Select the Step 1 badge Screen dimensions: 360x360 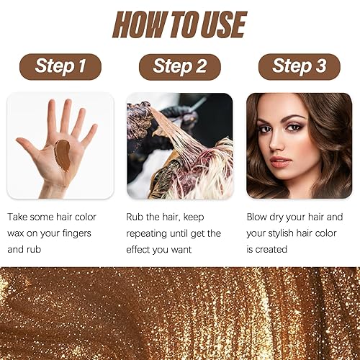pyautogui.click(x=60, y=66)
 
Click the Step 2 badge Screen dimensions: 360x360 pyautogui.click(x=179, y=66)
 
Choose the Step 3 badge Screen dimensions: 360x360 pyautogui.click(x=299, y=66)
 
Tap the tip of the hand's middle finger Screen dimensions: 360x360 pyautogui.click(x=66, y=105)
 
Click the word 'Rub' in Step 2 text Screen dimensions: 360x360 pyautogui.click(x=137, y=216)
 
